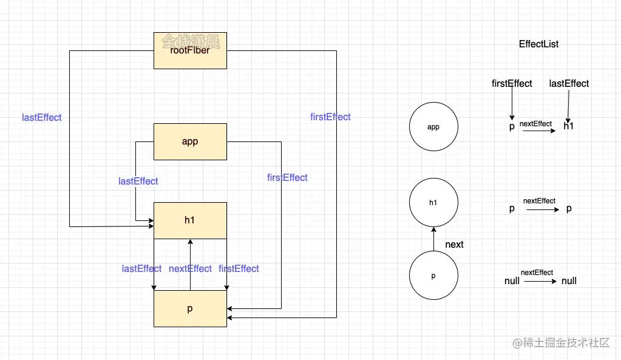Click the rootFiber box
(x=190, y=50)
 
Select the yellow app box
(x=190, y=141)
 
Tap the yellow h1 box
(x=190, y=220)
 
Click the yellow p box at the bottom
(x=190, y=308)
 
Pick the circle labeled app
(x=433, y=127)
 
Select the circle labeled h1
(x=433, y=202)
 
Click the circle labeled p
(x=433, y=276)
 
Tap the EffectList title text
(x=538, y=44)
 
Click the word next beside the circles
(x=454, y=244)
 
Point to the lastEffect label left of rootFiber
(x=41, y=118)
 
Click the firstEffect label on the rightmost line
(x=330, y=117)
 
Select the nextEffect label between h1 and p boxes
(x=190, y=269)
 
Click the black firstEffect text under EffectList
(x=512, y=84)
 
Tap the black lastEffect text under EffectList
(x=569, y=84)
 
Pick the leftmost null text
(x=512, y=281)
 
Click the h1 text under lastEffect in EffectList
(x=568, y=126)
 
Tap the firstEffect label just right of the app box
(x=287, y=177)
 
